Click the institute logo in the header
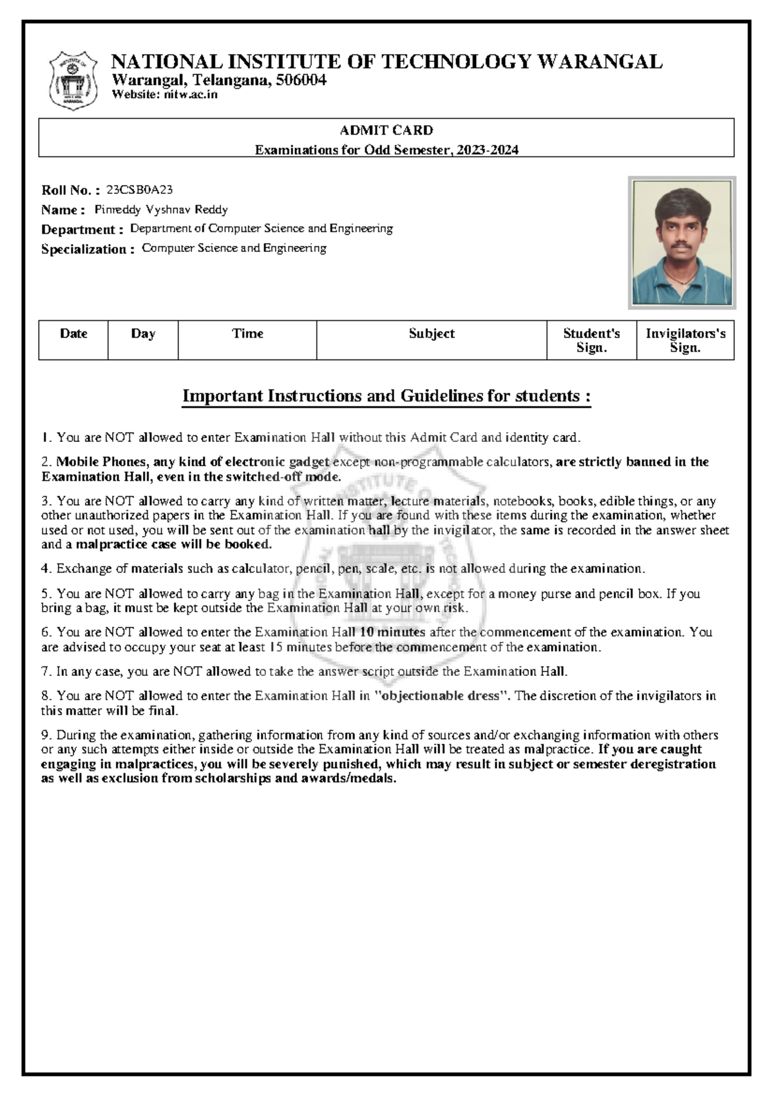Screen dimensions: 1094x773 pos(73,81)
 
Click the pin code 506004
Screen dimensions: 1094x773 pos(301,81)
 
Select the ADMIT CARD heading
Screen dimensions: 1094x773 pos(386,130)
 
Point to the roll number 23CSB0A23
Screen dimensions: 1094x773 pos(139,190)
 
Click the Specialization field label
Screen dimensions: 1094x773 pos(88,249)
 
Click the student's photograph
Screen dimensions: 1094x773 pos(682,243)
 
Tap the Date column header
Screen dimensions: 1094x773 pos(73,334)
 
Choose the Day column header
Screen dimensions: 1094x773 pos(143,334)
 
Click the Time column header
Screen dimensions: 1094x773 pos(247,334)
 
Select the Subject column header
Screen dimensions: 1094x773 pos(432,334)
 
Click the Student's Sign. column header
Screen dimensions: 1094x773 pos(591,340)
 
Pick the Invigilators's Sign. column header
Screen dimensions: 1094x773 pos(685,340)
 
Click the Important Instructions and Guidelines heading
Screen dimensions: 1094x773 pos(386,396)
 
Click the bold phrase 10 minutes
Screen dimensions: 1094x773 pos(392,632)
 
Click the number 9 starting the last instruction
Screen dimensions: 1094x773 pos(45,735)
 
